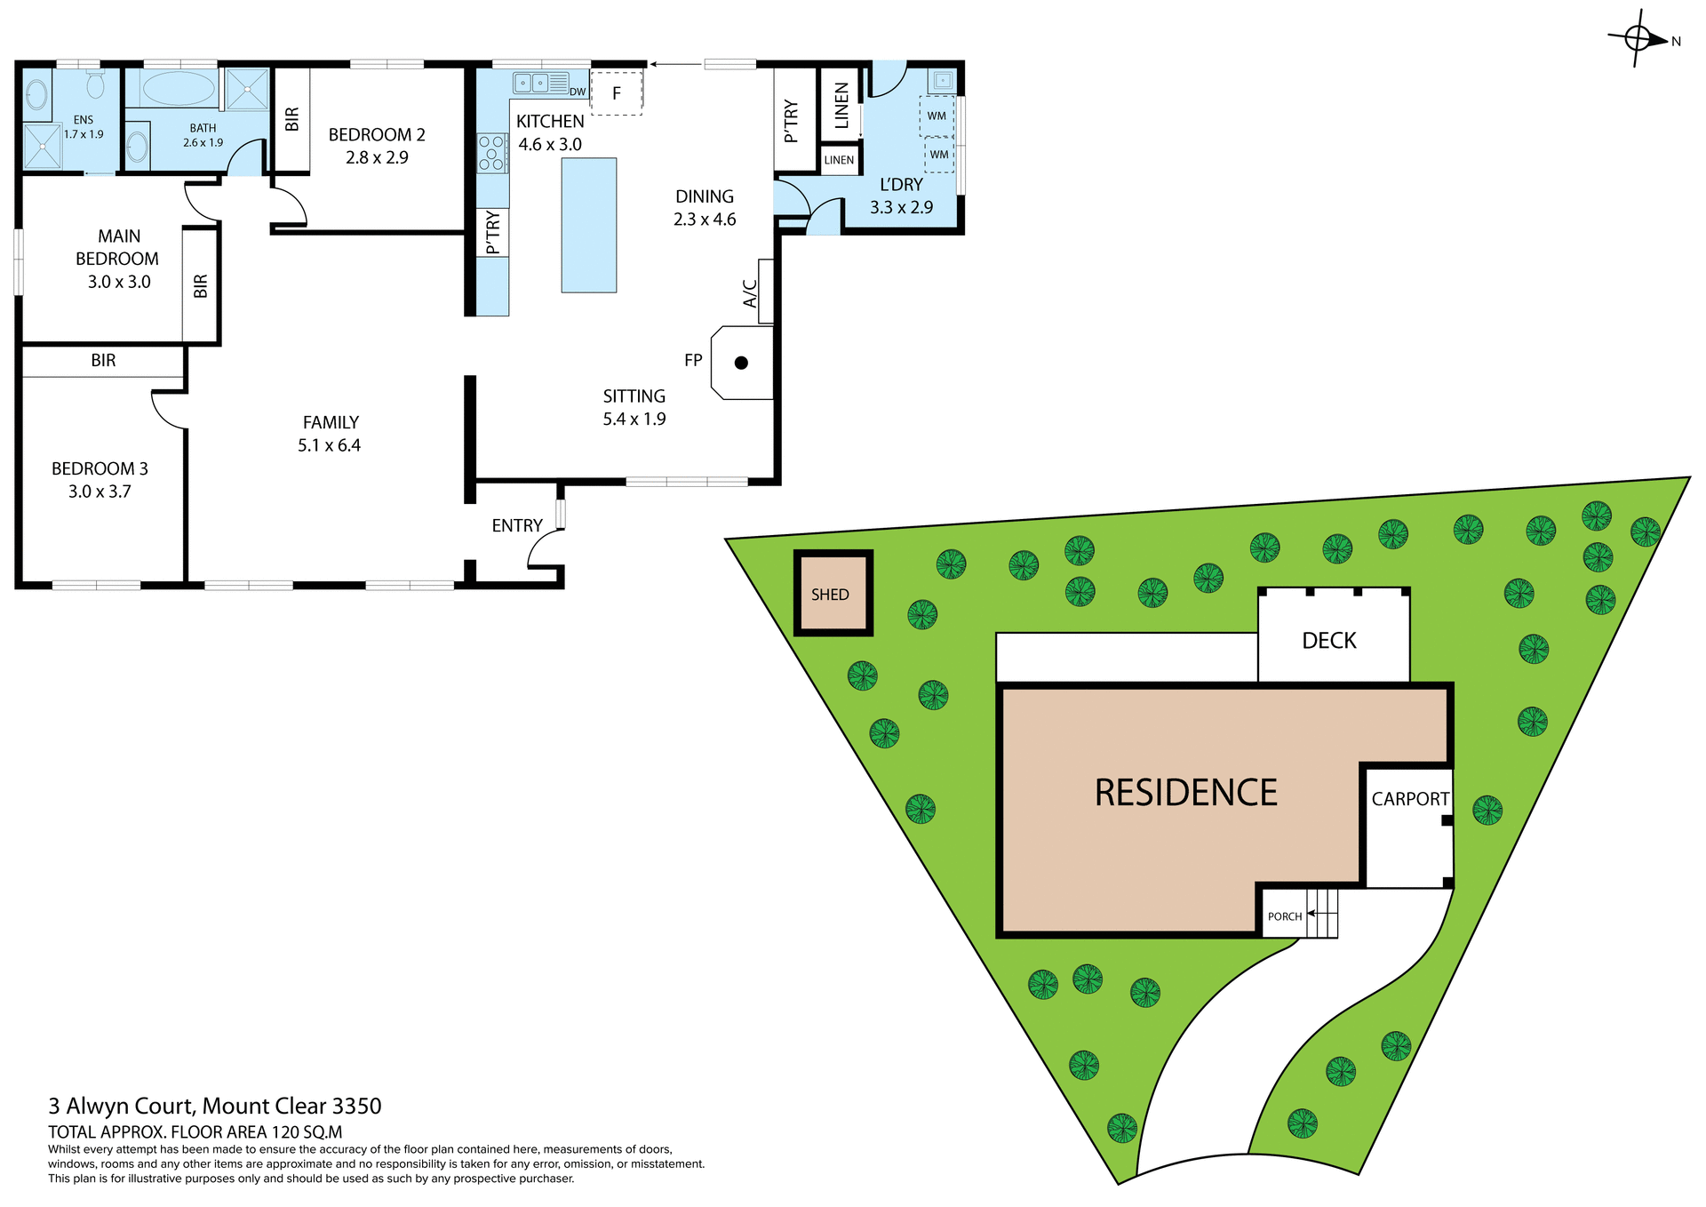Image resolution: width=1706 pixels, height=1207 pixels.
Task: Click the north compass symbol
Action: [x=1638, y=39]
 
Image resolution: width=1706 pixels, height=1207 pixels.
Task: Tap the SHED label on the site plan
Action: [x=830, y=595]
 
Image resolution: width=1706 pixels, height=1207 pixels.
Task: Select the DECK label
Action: [x=1328, y=641]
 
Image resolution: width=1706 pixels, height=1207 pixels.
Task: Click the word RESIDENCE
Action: [x=1185, y=793]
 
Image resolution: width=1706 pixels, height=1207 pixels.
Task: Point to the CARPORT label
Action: [x=1409, y=799]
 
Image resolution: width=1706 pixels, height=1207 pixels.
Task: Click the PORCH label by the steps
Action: [x=1284, y=916]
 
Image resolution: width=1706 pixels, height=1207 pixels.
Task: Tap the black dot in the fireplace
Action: [x=741, y=363]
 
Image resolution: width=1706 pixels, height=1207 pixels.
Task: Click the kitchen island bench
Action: [x=588, y=225]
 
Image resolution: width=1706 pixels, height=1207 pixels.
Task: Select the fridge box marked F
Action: [x=616, y=93]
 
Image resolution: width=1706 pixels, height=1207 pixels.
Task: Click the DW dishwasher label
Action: [x=578, y=92]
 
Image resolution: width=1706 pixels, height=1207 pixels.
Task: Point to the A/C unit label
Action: [x=751, y=293]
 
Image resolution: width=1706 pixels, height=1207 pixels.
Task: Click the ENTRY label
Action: [x=516, y=525]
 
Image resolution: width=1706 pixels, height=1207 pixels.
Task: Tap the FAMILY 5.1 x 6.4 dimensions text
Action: [x=329, y=445]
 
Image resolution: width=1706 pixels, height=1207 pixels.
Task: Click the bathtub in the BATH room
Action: [x=179, y=89]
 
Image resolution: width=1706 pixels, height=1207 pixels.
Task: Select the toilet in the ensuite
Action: [x=95, y=84]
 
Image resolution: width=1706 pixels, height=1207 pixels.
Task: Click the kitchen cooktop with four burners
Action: [x=491, y=153]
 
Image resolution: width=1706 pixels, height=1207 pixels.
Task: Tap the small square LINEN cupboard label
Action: [x=839, y=160]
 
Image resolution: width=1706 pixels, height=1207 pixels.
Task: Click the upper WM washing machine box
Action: [x=937, y=116]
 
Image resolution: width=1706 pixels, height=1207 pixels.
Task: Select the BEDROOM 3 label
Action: [x=100, y=468]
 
